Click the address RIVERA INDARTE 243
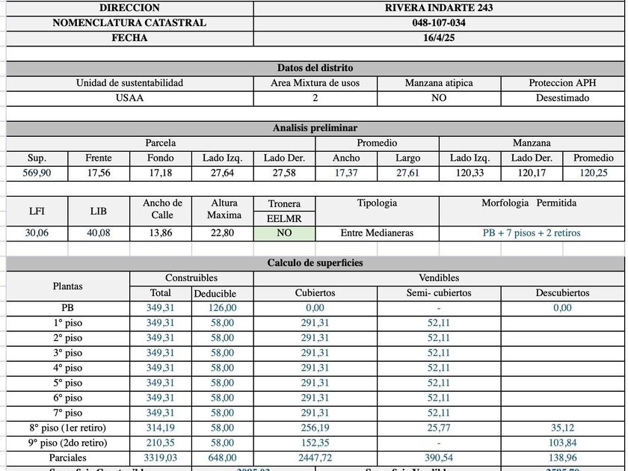click(439, 8)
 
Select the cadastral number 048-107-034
click(439, 23)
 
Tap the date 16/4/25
click(439, 38)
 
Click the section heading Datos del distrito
click(315, 68)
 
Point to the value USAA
click(129, 98)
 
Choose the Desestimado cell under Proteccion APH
click(562, 98)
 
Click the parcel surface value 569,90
click(37, 173)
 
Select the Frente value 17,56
click(99, 173)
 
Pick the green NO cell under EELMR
click(284, 233)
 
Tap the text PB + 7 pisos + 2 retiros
click(531, 233)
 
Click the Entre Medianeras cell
click(377, 233)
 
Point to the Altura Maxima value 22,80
click(222, 233)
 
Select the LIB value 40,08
click(99, 233)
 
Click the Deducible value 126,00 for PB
click(222, 307)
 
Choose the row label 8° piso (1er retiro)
click(67, 428)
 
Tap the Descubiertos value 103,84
click(562, 443)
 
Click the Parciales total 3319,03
click(160, 458)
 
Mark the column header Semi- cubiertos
click(439, 293)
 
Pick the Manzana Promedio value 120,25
click(594, 173)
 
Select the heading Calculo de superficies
click(315, 263)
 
